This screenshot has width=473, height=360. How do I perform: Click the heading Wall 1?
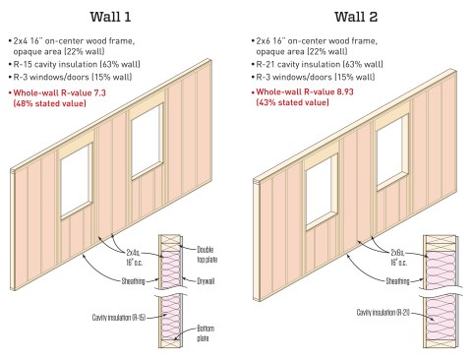tap(110, 17)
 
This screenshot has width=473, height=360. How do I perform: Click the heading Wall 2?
tap(356, 17)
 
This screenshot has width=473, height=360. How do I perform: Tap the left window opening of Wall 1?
tap(77, 181)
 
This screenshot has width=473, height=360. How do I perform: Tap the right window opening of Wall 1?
tap(147, 141)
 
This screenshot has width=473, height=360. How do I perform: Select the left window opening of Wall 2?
tap(322, 191)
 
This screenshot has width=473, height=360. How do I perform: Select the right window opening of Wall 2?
tap(392, 151)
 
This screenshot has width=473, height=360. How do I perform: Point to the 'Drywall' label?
tap(206, 281)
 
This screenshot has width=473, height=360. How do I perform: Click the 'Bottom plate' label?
tap(206, 333)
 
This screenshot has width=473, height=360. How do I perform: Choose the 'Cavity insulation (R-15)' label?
tap(119, 318)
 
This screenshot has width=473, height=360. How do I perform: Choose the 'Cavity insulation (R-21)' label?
tap(384, 313)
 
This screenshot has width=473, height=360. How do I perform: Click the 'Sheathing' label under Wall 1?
tap(133, 281)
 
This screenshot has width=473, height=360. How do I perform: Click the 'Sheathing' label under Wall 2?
tap(397, 281)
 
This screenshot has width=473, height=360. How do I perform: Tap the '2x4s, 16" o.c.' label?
tap(135, 258)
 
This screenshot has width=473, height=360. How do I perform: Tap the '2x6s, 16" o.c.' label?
tap(398, 258)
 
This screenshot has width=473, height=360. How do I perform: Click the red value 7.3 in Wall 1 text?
tap(99, 93)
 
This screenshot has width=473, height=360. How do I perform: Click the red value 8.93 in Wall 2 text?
tap(345, 91)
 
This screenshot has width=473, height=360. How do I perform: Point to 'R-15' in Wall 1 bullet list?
tap(23, 64)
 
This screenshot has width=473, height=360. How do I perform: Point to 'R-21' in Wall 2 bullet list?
tap(266, 64)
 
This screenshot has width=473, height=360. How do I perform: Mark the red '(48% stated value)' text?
tap(49, 103)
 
